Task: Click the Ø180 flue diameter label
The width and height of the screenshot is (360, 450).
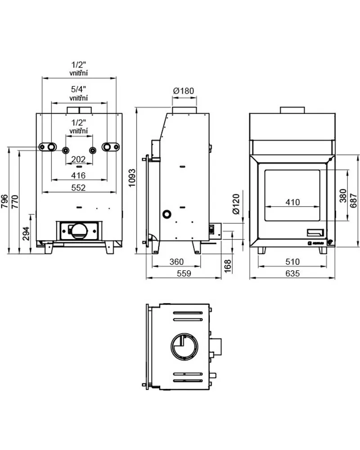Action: pos(184,91)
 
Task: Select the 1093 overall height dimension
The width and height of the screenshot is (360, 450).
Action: pos(132,178)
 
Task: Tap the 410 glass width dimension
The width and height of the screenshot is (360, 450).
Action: pos(292,202)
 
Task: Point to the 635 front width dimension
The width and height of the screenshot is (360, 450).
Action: pos(292,273)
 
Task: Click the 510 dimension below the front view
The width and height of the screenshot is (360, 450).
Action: pos(292,262)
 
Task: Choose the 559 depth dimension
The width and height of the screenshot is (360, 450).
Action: pos(184,273)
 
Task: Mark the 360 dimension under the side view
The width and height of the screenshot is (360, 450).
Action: pos(176,262)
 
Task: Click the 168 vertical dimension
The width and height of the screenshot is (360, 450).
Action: pos(227,266)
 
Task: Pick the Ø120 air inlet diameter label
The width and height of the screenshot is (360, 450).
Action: pos(236,204)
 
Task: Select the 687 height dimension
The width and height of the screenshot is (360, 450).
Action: pos(354,200)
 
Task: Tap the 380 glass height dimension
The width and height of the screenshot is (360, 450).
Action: pos(343,196)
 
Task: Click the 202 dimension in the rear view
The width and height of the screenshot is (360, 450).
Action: pos(78,159)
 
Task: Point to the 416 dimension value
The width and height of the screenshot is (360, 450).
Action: pos(78,175)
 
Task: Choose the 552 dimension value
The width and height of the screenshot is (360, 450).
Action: pos(78,188)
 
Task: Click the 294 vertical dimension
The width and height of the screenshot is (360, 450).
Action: pos(26,234)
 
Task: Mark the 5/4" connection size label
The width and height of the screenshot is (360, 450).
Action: pos(79,89)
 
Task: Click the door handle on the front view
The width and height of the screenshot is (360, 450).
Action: pos(315,232)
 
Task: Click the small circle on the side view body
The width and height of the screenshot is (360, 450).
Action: pos(166,214)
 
